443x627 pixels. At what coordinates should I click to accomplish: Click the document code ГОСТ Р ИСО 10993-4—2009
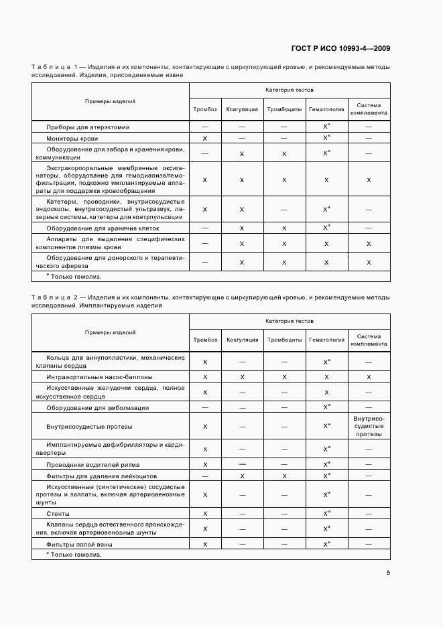340,48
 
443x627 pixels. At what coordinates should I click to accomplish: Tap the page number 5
387,572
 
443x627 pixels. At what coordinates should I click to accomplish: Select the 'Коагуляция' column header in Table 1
242,109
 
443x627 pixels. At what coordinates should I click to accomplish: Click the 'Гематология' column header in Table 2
326,340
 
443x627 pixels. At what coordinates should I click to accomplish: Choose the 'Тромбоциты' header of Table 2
284,340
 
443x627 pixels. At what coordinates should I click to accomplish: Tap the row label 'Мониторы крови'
72,138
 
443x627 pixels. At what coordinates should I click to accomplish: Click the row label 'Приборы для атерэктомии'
88,127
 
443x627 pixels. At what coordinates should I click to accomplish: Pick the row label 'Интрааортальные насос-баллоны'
99,377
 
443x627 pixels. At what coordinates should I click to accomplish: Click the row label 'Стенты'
54,514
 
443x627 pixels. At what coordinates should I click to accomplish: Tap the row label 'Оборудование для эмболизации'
97,407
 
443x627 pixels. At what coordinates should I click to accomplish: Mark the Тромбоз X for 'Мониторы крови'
205,138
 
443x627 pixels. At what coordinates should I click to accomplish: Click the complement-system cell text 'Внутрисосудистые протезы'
369,426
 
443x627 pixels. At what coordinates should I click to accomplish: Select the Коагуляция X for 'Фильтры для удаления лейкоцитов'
242,476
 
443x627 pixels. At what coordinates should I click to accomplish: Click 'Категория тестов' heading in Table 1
290,90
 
